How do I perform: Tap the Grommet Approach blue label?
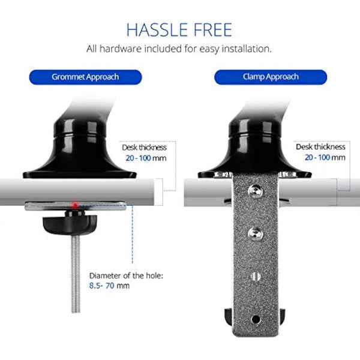click(85, 77)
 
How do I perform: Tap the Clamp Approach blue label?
click(271, 77)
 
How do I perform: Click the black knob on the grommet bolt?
click(66, 225)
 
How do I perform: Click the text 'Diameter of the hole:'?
click(125, 275)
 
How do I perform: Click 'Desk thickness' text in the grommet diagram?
click(145, 147)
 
